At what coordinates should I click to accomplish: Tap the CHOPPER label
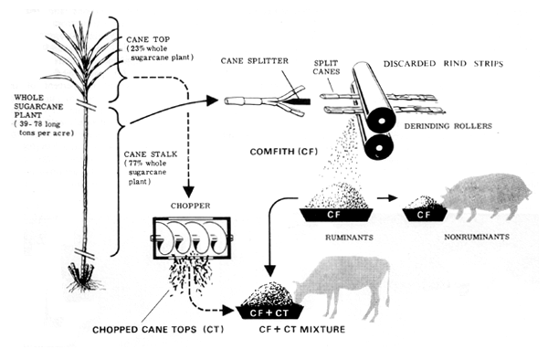coord(191,206)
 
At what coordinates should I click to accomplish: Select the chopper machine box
coord(192,238)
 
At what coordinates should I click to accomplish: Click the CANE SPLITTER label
coord(255,61)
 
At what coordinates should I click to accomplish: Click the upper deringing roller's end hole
coord(382,121)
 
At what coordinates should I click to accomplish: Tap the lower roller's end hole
coord(378,146)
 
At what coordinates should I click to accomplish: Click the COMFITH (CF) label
coord(284,152)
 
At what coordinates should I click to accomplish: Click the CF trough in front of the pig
coord(425,215)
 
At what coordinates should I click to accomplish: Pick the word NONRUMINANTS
coord(477,237)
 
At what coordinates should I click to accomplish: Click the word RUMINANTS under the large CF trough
coord(349,238)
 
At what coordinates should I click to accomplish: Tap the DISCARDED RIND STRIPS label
coord(443,64)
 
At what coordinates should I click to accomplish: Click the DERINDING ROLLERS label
coord(448,126)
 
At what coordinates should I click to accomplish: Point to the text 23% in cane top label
coord(139,48)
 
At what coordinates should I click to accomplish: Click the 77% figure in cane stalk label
coord(137,164)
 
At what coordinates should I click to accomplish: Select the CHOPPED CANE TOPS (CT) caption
coord(158,330)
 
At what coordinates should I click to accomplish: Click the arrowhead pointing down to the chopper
coord(189,192)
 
